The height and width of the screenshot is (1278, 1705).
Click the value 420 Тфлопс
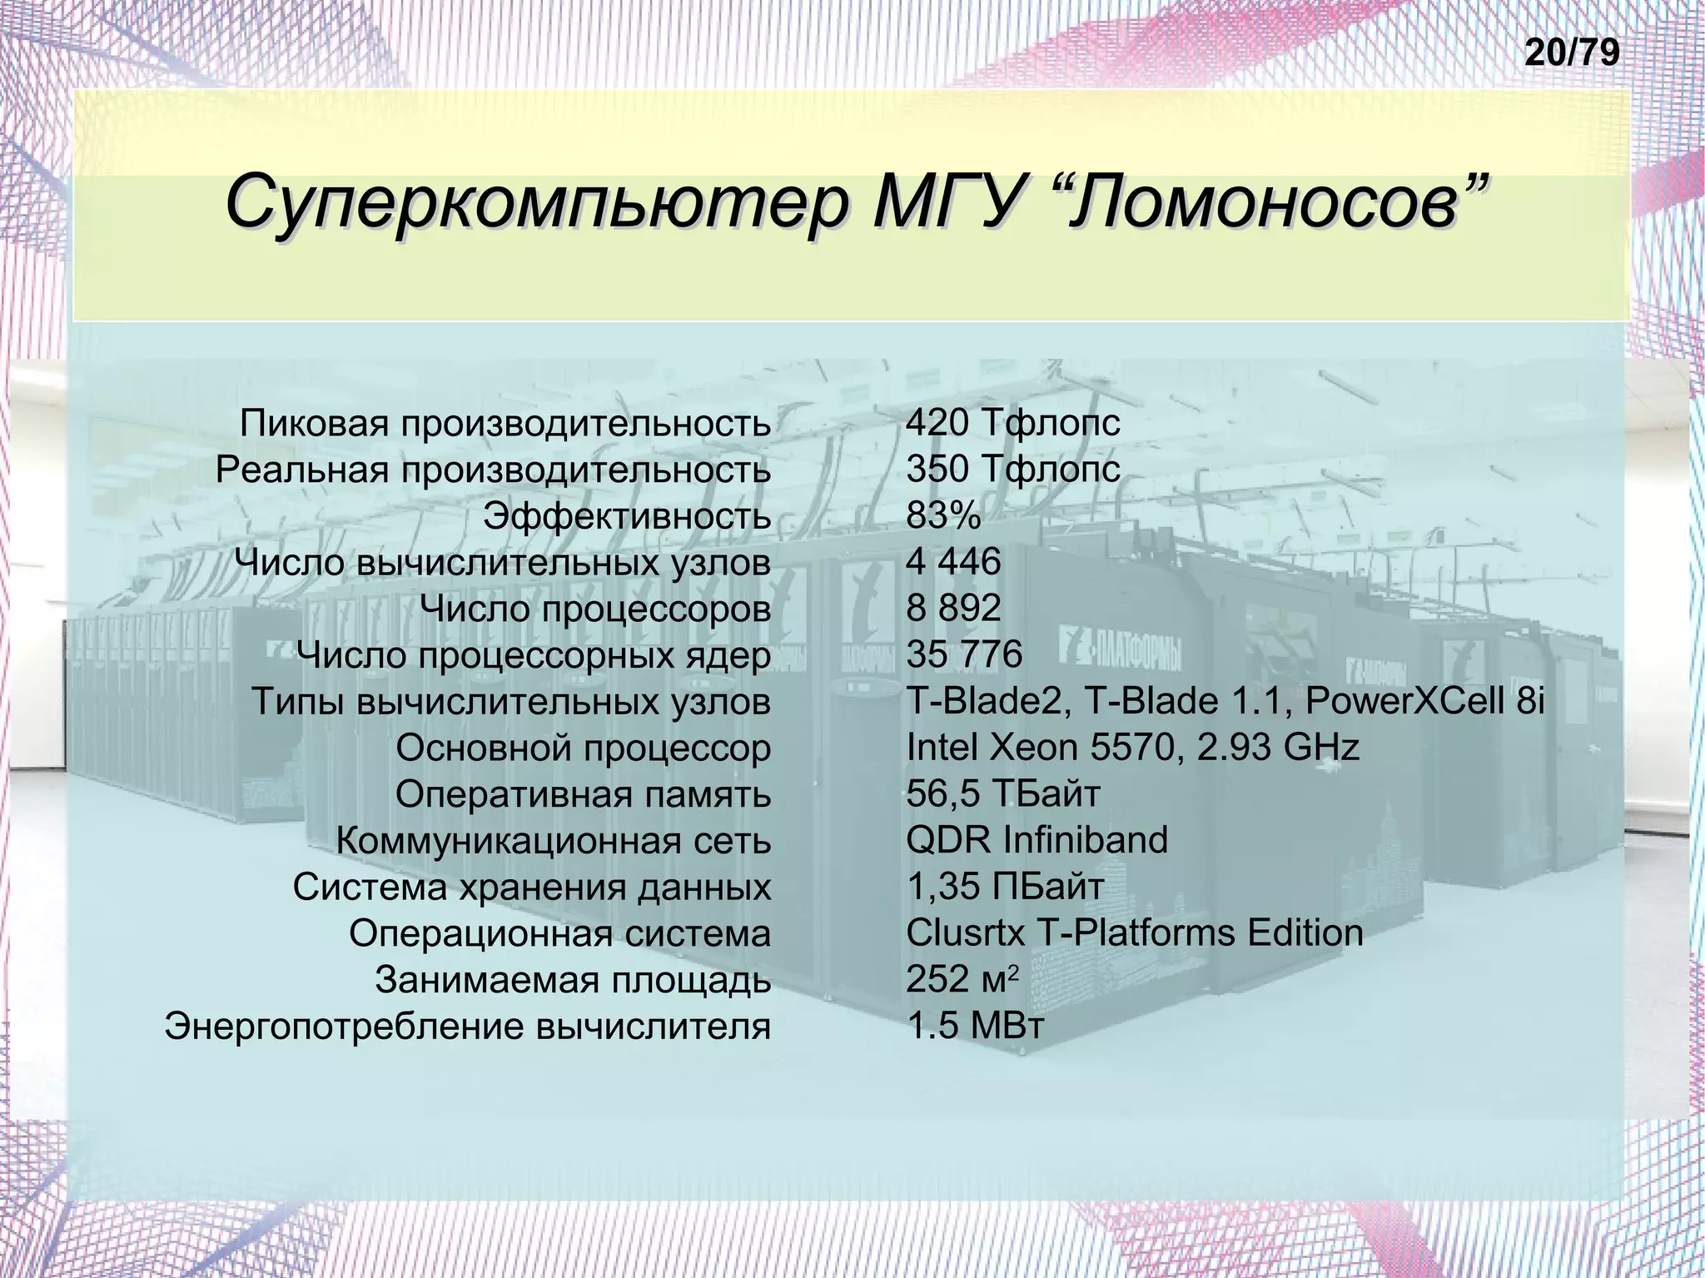pyautogui.click(x=1013, y=424)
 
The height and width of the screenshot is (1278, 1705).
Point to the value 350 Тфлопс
pyautogui.click(x=1013, y=470)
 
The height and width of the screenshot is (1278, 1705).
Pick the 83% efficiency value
pyautogui.click(x=944, y=516)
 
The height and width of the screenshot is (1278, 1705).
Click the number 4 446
pyautogui.click(x=953, y=563)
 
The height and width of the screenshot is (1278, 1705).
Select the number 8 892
pyautogui.click(x=953, y=609)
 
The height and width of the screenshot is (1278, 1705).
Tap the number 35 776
pyautogui.click(x=964, y=655)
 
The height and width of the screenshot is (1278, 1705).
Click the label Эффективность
pyautogui.click(x=627, y=517)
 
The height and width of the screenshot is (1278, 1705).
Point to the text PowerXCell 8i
pyautogui.click(x=1424, y=702)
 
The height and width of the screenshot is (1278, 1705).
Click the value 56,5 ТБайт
pyautogui.click(x=1003, y=794)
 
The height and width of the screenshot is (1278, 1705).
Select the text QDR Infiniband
pyautogui.click(x=1037, y=841)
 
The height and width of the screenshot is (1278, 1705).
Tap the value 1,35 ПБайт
pyautogui.click(x=1005, y=887)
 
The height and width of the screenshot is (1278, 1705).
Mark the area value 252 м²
pyautogui.click(x=962, y=980)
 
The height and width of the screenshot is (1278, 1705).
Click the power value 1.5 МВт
pyautogui.click(x=975, y=1027)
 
